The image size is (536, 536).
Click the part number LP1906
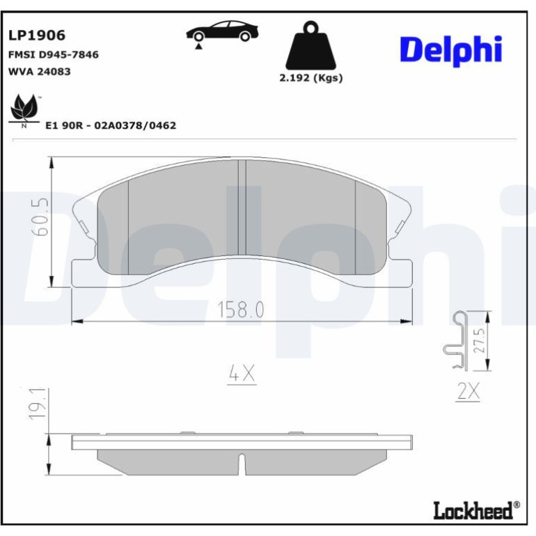click(37, 36)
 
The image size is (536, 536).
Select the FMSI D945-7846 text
click(54, 55)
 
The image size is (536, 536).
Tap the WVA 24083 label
click(39, 72)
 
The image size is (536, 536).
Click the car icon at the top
click(222, 31)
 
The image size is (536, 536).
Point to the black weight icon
click(310, 46)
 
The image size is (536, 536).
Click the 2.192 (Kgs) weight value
click(311, 78)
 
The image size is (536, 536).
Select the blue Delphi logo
click(451, 50)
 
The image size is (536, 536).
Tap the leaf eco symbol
click(24, 110)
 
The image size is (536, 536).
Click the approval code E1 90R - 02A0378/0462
click(111, 125)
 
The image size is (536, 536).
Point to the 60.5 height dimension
click(40, 217)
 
